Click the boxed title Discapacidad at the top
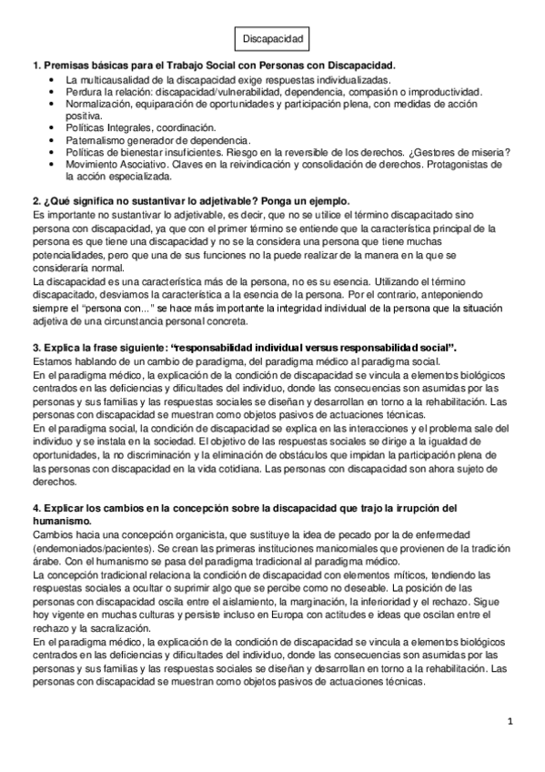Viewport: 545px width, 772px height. click(x=272, y=39)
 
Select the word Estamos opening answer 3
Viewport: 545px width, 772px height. click(x=54, y=361)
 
